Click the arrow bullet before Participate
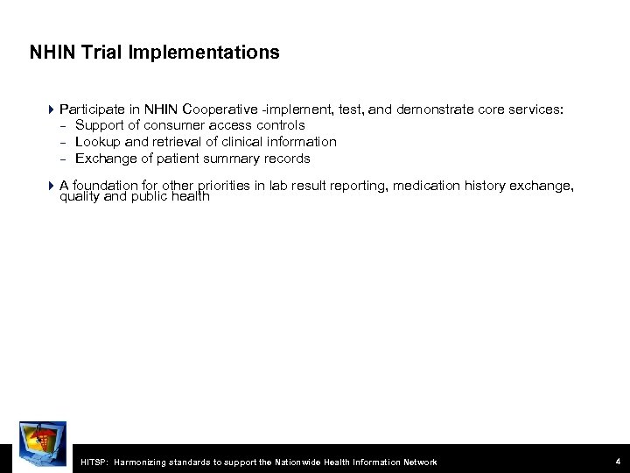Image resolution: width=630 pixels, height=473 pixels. (x=51, y=111)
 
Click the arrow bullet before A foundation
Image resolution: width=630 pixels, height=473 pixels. (x=51, y=185)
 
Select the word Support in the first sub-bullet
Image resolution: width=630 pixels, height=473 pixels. (x=100, y=126)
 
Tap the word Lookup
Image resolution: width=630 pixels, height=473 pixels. (x=98, y=142)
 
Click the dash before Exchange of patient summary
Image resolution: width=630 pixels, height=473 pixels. (x=63, y=159)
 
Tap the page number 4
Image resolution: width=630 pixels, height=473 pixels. (x=617, y=461)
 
